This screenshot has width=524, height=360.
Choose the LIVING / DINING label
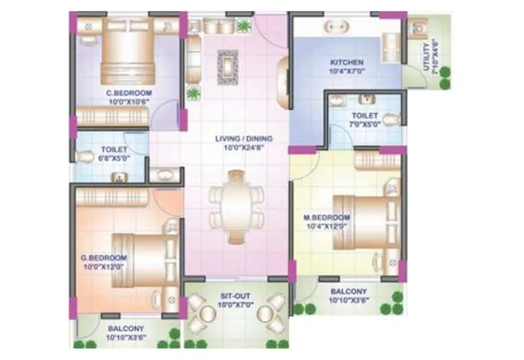pyautogui.click(x=244, y=139)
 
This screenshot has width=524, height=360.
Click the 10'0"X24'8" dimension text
pyautogui.click(x=244, y=147)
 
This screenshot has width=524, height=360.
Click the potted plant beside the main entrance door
pyautogui.click(x=244, y=26)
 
